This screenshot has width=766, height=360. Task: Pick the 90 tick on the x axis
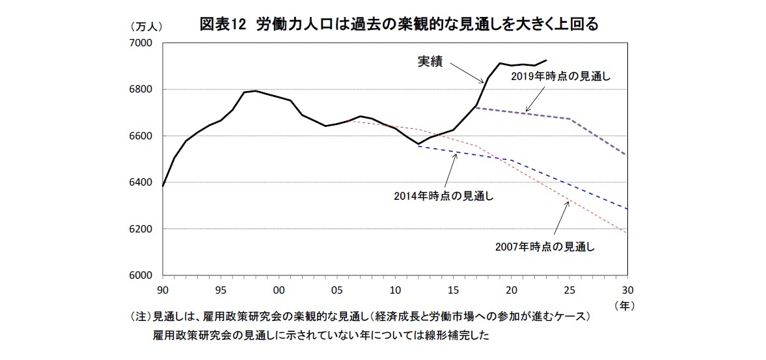pyautogui.click(x=163, y=290)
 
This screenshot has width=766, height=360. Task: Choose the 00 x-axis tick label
pyautogui.click(x=279, y=290)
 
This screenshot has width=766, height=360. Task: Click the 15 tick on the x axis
pyautogui.click(x=453, y=290)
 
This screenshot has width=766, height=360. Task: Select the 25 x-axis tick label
pyautogui.click(x=569, y=290)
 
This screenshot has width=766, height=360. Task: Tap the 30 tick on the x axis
pyautogui.click(x=627, y=290)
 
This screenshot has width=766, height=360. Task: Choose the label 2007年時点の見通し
pyautogui.click(x=545, y=246)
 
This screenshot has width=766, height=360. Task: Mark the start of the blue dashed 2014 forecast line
pyautogui.click(x=418, y=146)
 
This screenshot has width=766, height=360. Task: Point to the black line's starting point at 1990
pyautogui.click(x=163, y=186)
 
